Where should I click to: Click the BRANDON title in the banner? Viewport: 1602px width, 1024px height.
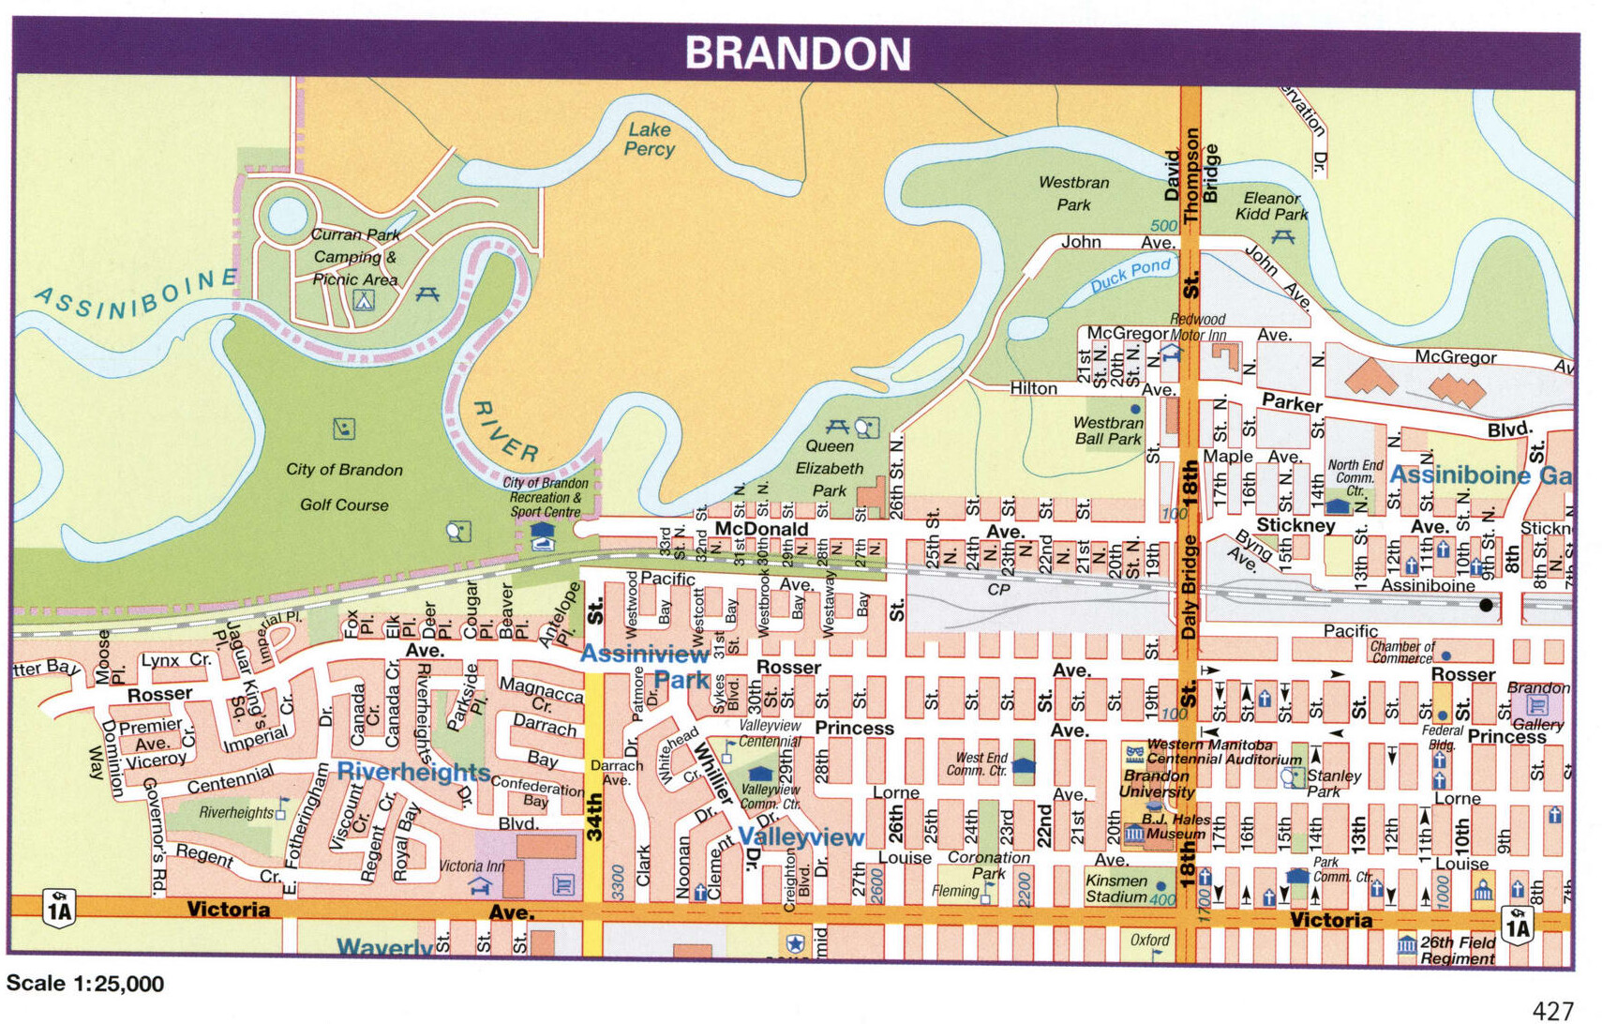pos(798,53)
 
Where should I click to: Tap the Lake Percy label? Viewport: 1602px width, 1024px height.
pos(650,139)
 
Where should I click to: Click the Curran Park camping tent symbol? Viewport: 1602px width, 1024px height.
pos(363,300)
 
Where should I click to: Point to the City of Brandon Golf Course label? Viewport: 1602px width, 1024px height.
pos(344,487)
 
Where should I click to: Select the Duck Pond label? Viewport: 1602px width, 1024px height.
pos(1130,275)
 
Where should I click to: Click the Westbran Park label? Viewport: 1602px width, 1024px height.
pos(1073,193)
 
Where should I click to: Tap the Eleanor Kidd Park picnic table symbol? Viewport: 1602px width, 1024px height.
pos(1282,236)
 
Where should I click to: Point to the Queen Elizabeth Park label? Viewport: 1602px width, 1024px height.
pos(829,468)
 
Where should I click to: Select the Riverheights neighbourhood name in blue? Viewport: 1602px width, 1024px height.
pos(412,772)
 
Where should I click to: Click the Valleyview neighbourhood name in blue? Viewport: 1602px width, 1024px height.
pos(801,836)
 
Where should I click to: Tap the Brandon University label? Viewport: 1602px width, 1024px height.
pos(1156,784)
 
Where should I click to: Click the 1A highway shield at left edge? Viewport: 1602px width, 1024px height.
pos(59,908)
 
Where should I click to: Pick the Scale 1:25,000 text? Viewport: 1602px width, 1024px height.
pos(85,984)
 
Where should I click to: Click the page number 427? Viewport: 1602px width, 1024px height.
pos(1552,1009)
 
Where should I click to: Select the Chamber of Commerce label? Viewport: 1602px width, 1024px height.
pos(1402,652)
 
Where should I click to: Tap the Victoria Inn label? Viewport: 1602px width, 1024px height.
pos(472,866)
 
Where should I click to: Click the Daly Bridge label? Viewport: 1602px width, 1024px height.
pos(1189,587)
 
